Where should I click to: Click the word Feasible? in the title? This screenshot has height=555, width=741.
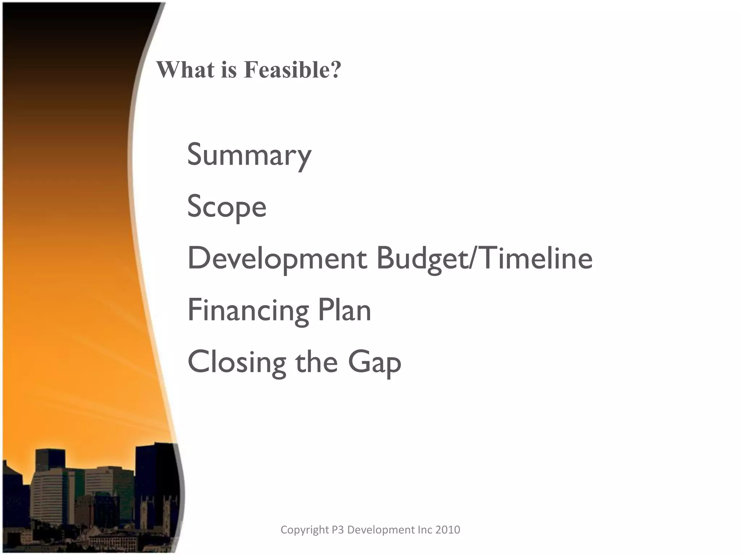click(292, 69)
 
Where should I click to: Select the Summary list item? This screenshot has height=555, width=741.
click(249, 155)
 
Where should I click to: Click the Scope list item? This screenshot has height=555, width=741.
click(226, 207)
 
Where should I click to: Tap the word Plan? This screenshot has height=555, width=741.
click(344, 310)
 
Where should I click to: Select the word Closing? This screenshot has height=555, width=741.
click(237, 362)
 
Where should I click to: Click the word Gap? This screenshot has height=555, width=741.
click(374, 362)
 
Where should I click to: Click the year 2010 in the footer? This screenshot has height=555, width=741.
click(448, 530)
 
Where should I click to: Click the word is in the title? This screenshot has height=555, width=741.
click(229, 69)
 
